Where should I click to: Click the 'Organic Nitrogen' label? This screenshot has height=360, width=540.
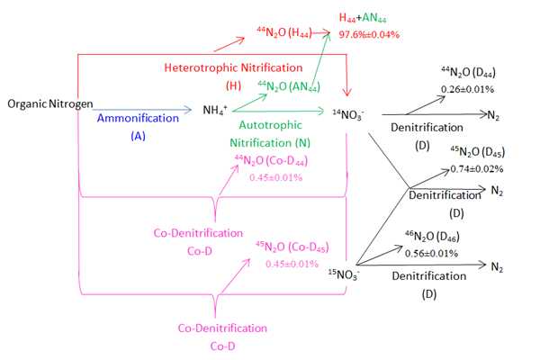49,104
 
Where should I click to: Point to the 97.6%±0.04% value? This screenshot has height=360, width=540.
370,34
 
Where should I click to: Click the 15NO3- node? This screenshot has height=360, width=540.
346,270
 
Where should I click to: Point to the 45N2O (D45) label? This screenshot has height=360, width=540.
475,151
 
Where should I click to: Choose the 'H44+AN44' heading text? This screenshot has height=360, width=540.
368,18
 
